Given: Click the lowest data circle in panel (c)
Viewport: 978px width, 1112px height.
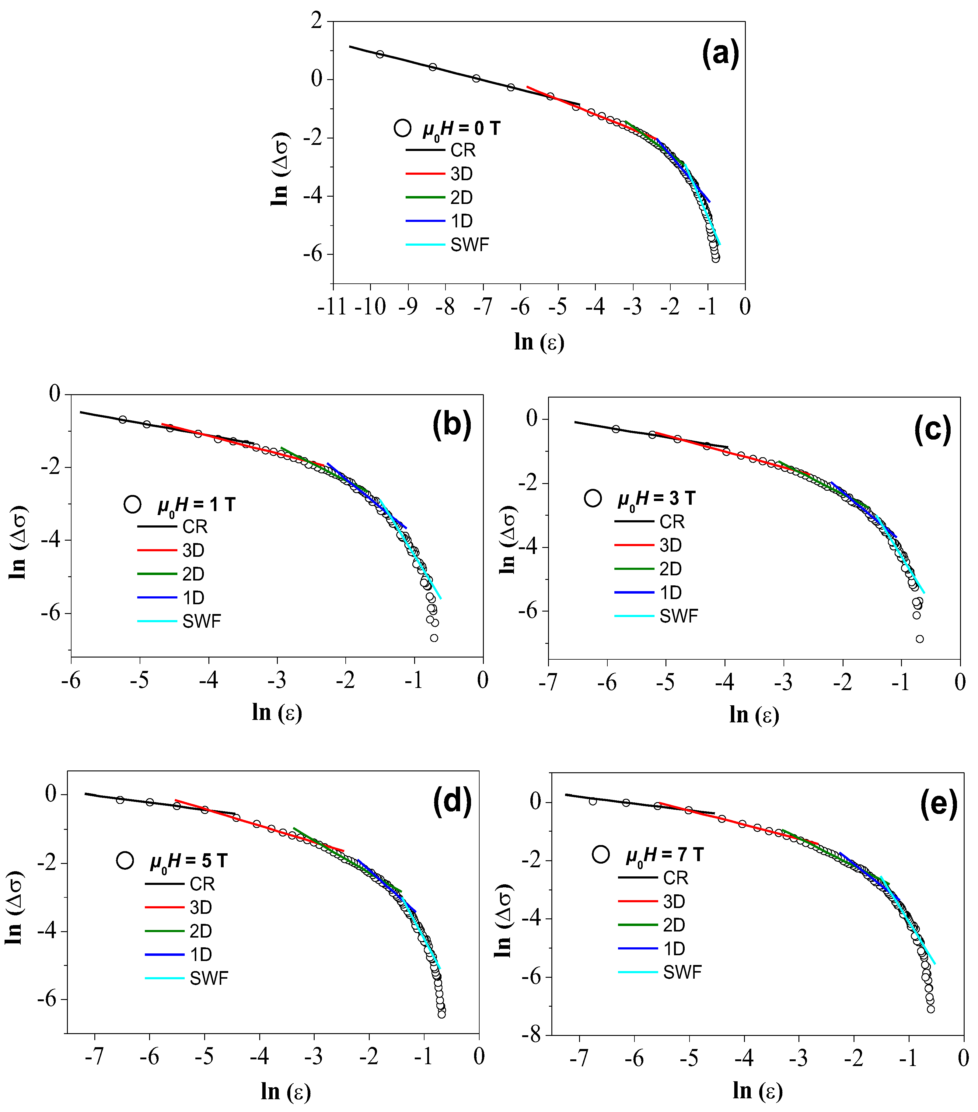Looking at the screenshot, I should pos(919,639).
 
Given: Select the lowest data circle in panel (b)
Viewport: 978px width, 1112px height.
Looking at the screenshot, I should pos(434,638).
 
